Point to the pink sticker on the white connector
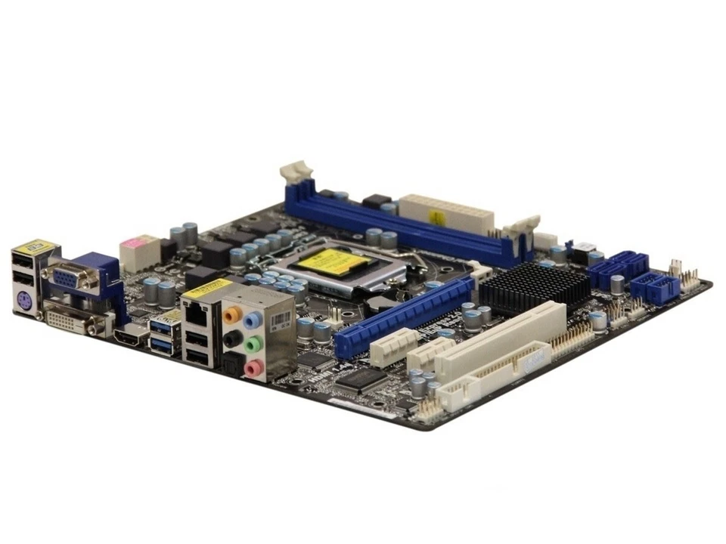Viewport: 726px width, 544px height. pos(134,243)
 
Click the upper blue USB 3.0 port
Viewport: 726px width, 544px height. pos(163,326)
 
